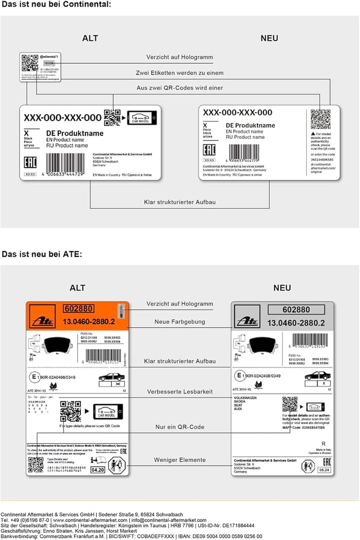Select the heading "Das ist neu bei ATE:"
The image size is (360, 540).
[x=41, y=254]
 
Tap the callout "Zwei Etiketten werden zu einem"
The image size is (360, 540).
[x=179, y=73]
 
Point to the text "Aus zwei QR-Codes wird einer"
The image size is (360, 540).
[x=179, y=88]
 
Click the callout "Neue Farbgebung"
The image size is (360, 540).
[x=179, y=322]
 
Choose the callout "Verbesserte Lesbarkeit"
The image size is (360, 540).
[x=179, y=392]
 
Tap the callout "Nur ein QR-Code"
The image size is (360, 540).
[x=179, y=427]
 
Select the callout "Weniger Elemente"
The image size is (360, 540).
[x=179, y=460]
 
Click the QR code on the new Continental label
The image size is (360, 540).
[x=320, y=119]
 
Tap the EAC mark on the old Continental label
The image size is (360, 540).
[x=30, y=163]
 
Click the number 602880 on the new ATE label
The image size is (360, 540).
[x=296, y=310]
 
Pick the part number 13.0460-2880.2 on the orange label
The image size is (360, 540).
[x=88, y=321]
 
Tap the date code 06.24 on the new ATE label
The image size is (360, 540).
[x=323, y=470]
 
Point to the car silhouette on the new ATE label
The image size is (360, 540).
[x=318, y=376]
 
